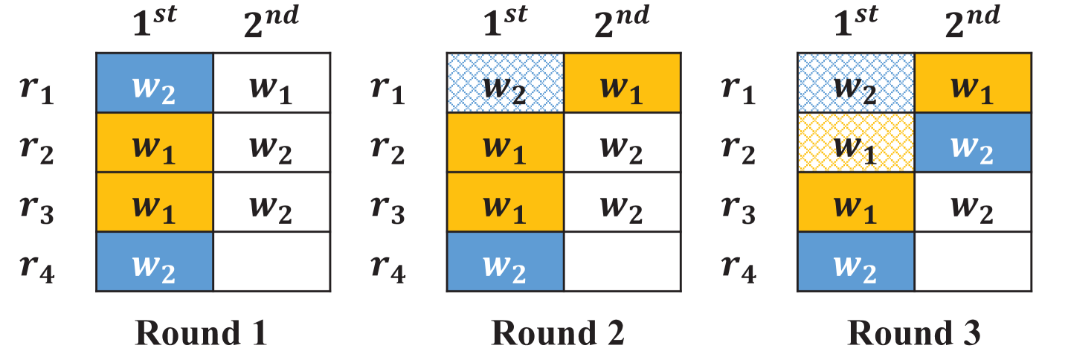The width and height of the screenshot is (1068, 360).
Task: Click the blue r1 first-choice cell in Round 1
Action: click(155, 83)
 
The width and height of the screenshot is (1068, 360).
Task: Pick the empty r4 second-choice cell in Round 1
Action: click(272, 261)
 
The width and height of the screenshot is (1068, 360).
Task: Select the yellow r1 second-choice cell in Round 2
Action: click(623, 83)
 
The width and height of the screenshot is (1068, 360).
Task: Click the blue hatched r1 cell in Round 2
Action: click(505, 83)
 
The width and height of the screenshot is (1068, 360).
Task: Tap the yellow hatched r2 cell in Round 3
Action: click(855, 142)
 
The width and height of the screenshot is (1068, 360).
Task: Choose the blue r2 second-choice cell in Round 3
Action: click(974, 142)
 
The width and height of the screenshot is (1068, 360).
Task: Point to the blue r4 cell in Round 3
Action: click(855, 261)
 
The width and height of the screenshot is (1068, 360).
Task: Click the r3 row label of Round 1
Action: click(37, 211)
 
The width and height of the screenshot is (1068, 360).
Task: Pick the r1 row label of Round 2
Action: click(387, 91)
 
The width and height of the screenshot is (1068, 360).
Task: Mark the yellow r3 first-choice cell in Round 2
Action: click(505, 202)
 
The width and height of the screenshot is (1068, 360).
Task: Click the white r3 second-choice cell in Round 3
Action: click(974, 202)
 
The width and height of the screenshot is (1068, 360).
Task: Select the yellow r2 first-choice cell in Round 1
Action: click(155, 142)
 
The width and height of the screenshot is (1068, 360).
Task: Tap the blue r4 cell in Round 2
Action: click(505, 261)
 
